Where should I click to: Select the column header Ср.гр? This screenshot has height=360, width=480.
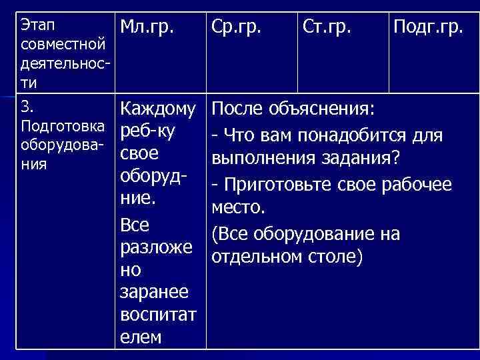pos(239,28)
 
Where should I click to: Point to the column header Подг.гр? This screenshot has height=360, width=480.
pos(429,28)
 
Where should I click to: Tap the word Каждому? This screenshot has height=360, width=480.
pos(157,108)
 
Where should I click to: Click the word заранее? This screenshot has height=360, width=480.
pos(154,292)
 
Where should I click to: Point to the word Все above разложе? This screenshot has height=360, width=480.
pos(135,225)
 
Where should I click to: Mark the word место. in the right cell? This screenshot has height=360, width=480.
pos(239,209)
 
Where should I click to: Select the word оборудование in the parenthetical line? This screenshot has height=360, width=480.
pos(317,234)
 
